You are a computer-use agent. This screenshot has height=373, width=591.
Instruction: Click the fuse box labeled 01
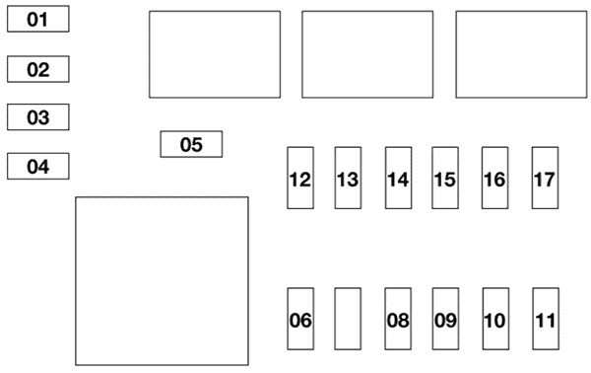pyautogui.click(x=38, y=19)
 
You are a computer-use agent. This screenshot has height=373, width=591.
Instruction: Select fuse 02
pyautogui.click(x=38, y=69)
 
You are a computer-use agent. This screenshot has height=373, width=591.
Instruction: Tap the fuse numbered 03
pyautogui.click(x=38, y=117)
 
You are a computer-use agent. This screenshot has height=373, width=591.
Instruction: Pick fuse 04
pyautogui.click(x=38, y=166)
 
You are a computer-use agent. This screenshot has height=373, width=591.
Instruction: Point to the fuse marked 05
pyautogui.click(x=191, y=144)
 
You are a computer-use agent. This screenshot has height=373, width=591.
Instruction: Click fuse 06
pyautogui.click(x=300, y=319)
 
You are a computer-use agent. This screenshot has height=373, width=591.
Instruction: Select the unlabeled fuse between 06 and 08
pyautogui.click(x=348, y=319)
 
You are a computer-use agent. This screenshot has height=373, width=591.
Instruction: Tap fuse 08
pyautogui.click(x=398, y=319)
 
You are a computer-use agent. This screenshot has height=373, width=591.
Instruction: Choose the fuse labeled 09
pyautogui.click(x=445, y=319)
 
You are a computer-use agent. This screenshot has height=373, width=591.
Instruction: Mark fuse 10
pyautogui.click(x=495, y=319)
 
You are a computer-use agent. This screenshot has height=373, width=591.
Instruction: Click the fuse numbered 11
pyautogui.click(x=546, y=319)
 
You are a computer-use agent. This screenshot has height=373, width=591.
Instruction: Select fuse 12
pyautogui.click(x=300, y=178)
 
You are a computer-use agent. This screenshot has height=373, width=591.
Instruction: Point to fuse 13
pyautogui.click(x=348, y=178)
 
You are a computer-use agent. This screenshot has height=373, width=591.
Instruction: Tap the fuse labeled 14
pyautogui.click(x=398, y=178)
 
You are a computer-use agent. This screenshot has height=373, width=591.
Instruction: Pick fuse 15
pyautogui.click(x=445, y=178)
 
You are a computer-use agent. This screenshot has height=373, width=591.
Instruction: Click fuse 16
pyautogui.click(x=494, y=178)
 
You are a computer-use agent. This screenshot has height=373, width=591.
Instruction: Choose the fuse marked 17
pyautogui.click(x=545, y=178)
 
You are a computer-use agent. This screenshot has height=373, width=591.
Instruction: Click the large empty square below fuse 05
pyautogui.click(x=163, y=281)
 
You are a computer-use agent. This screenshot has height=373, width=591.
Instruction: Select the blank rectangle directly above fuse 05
pyautogui.click(x=215, y=54)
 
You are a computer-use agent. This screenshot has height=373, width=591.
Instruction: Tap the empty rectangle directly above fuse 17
pyautogui.click(x=521, y=54)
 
